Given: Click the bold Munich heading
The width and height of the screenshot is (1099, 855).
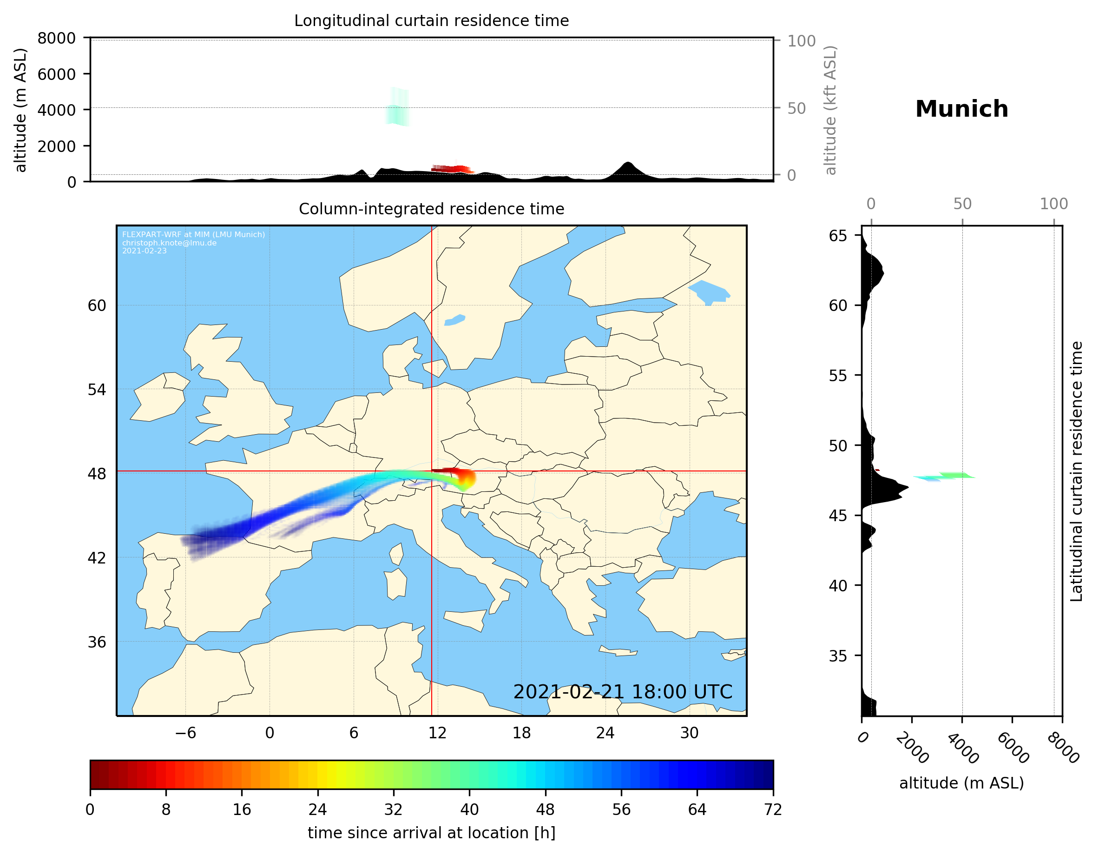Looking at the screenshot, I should pos(961,109).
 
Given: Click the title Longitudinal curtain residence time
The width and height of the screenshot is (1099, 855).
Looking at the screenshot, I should pos(431,20).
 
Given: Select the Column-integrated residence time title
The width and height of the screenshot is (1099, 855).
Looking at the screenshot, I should pos(431,209).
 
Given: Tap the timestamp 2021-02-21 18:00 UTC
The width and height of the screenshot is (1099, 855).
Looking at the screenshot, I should pos(623,692).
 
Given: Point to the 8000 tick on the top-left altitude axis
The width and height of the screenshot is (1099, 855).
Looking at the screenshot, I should pos(56,38).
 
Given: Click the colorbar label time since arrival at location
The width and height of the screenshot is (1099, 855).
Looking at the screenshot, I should pos(431,833).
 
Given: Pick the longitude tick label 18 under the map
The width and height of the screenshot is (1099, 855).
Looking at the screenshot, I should pos(521,733).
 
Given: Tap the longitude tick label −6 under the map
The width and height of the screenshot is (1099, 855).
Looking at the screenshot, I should pos(185,733).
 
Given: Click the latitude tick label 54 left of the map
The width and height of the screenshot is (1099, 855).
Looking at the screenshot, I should pos(97,390).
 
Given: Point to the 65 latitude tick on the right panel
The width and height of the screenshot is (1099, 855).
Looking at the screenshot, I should pos(838,236).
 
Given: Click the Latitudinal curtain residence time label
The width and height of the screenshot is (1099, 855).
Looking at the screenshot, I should pos(1076,471).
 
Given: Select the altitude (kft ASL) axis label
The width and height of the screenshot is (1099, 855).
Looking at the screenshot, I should pos(830,110).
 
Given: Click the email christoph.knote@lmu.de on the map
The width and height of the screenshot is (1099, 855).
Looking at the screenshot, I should pos(169,243).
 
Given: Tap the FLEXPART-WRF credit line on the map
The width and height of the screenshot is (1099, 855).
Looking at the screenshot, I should pos(193,235).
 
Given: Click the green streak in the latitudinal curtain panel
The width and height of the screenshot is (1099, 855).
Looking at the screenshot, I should pos(946,475).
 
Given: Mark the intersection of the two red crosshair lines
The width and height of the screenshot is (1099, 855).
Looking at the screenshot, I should pos(432,471).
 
